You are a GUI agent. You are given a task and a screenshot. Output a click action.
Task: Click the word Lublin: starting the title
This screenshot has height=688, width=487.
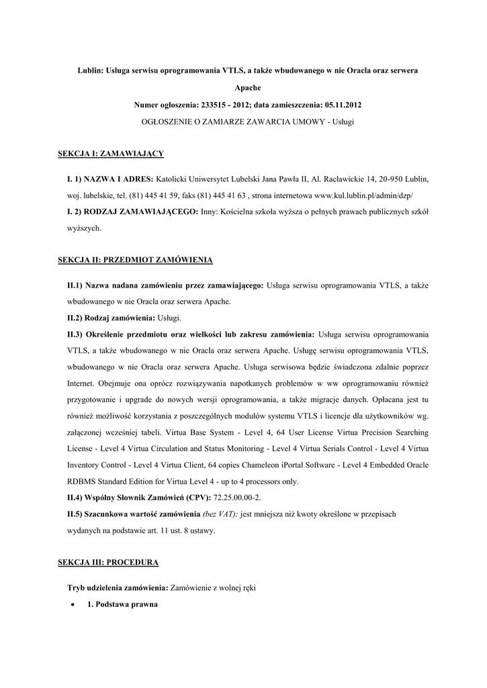(x=91, y=71)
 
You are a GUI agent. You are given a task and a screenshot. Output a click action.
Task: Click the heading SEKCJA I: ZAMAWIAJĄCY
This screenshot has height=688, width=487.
(x=112, y=154)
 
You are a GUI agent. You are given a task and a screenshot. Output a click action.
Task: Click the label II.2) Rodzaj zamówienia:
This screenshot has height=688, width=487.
(x=111, y=317)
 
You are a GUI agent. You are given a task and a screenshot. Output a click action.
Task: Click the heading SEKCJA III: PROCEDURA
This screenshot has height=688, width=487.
(x=109, y=561)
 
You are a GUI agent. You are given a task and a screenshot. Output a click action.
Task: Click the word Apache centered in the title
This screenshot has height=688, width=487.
(x=243, y=88)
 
